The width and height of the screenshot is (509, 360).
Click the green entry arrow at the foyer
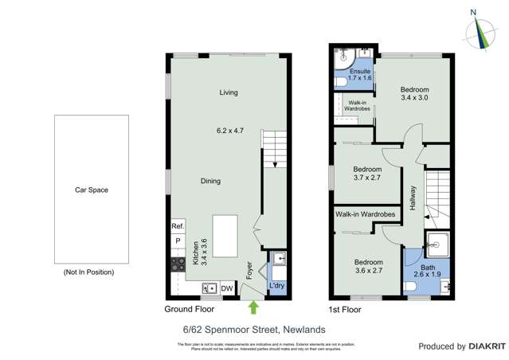pos(254,306)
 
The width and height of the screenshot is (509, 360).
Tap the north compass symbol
pos(479,29)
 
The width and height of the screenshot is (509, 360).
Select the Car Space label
pos(92,190)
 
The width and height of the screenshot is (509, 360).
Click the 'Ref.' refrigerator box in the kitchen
pos(178,226)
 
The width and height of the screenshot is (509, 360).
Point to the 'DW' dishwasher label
pos(226,288)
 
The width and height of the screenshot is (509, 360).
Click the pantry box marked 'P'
pos(178,241)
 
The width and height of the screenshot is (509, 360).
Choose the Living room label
pos(229,93)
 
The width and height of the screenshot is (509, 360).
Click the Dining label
pos(210,182)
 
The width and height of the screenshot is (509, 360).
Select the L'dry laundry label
pos(276,285)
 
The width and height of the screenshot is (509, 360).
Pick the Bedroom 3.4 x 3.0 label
pos(414,93)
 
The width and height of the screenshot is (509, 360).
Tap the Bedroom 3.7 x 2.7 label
pos(367,174)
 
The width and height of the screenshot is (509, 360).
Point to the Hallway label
pos(413,199)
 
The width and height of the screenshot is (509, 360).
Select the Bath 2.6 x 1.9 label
pos(428,271)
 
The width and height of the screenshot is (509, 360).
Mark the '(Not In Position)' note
pos(88,272)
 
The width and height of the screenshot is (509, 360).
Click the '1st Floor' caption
pos(345,308)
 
